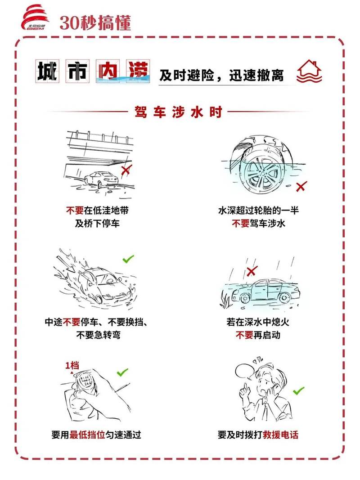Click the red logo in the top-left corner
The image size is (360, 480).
pyautogui.click(x=34, y=18)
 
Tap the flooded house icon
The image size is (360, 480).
pyautogui.click(x=309, y=72)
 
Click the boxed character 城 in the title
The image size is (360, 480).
pyautogui.click(x=47, y=71)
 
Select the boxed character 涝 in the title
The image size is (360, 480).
pyautogui.click(x=138, y=71)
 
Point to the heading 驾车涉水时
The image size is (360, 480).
pyautogui.click(x=179, y=112)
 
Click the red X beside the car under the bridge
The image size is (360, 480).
pyautogui.click(x=126, y=170)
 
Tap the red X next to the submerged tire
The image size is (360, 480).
pyautogui.click(x=301, y=186)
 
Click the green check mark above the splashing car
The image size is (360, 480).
pyautogui.click(x=128, y=259)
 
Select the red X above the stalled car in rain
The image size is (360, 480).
pyautogui.click(x=252, y=271)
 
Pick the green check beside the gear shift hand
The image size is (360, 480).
pyautogui.click(x=122, y=372)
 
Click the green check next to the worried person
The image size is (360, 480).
pyautogui.click(x=298, y=391)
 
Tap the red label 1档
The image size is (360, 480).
pyautogui.click(x=72, y=365)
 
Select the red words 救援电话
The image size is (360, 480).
pyautogui.click(x=280, y=435)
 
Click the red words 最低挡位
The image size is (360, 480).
pyautogui.click(x=87, y=435)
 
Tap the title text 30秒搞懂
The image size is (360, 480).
pyautogui.click(x=95, y=22)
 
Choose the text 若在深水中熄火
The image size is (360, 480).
pyautogui.click(x=258, y=322)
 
